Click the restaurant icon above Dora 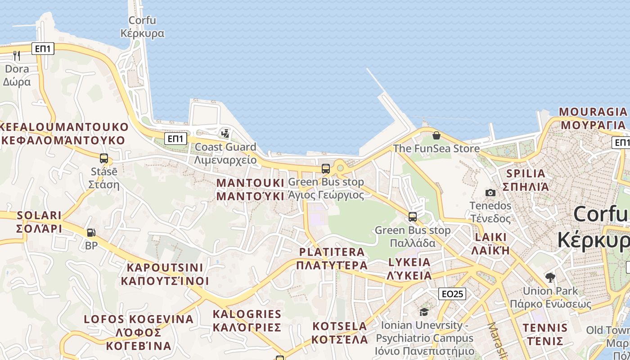click(17, 56)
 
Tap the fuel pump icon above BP click(91, 233)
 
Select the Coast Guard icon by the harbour click(225, 133)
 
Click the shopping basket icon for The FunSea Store click(436, 135)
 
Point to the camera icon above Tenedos click(490, 193)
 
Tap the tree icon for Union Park click(550, 277)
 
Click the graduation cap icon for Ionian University click(424, 312)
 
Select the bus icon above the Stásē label click(104, 158)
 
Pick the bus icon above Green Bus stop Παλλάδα click(413, 217)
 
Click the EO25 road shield click(452, 294)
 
